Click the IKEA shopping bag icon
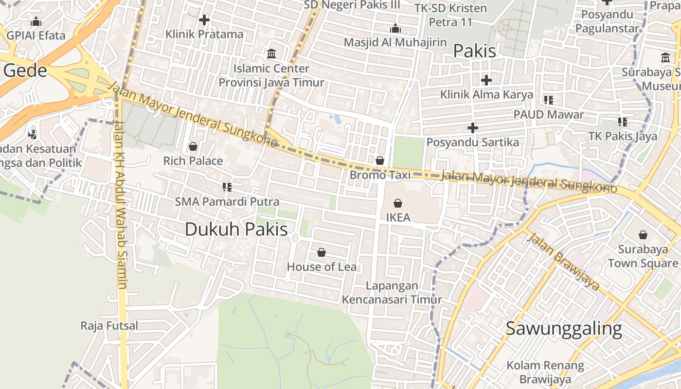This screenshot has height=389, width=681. coord(398,203)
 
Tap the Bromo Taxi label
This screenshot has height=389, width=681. coord(380,175)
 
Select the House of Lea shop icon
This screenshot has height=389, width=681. coord(321,252)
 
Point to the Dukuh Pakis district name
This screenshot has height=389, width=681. coord(236,230)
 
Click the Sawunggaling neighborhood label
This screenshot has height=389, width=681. coord(564,329)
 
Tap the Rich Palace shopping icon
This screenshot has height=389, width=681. coord(193,146)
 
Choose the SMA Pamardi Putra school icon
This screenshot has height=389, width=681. coord(227,187)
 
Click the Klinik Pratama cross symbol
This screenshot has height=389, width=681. coord(204,20)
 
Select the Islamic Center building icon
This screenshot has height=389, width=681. coord(271,53)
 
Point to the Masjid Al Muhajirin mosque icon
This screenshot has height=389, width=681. coord(395,28)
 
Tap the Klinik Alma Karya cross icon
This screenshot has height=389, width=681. coord(486,80)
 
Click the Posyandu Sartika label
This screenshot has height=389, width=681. coord(472,142)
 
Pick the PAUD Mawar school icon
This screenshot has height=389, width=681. coord(549,100)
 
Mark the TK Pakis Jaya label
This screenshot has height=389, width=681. coord(623,136)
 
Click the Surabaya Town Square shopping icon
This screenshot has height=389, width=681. coord(643,235)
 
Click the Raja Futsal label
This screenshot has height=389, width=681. coord(109,326)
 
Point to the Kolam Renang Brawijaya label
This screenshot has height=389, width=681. coord(545,372)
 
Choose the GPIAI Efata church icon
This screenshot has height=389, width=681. coord(36,21)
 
